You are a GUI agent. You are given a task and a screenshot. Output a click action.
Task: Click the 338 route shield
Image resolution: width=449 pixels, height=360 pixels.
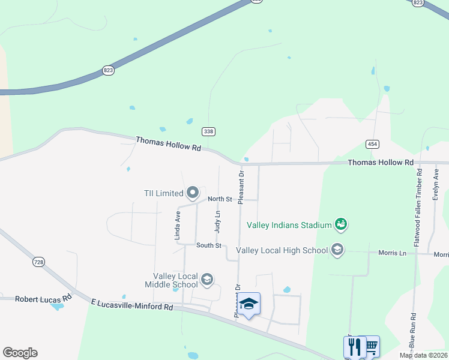(x=208, y=131)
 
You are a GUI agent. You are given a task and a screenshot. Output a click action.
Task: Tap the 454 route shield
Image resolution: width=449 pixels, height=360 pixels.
(x=372, y=144)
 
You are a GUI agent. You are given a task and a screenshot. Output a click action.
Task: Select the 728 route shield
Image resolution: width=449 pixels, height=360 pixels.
(x=39, y=262)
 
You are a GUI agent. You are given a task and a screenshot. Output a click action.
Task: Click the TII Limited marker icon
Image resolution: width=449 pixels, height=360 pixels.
(x=193, y=193)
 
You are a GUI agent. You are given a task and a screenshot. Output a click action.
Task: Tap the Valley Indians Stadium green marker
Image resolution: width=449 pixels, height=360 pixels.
(x=341, y=224)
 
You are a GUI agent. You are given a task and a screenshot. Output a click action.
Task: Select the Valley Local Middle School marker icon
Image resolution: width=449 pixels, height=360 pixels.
(x=207, y=279)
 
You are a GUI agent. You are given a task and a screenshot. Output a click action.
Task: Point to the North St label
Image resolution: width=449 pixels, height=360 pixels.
(x=219, y=199)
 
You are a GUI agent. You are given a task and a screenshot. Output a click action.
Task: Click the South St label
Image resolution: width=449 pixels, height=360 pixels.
(x=209, y=245)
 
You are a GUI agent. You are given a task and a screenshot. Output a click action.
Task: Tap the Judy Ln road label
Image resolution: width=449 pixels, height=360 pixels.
(x=217, y=221)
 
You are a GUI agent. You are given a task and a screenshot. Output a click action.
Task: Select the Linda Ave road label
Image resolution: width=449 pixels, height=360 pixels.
(x=178, y=225)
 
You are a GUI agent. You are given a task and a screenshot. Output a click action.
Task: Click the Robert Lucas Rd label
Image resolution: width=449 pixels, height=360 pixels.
(x=43, y=298)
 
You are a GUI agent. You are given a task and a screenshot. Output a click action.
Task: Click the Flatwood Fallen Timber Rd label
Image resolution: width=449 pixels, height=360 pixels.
(x=418, y=207)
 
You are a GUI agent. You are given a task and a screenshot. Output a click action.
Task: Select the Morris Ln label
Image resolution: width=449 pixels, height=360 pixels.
(x=393, y=253)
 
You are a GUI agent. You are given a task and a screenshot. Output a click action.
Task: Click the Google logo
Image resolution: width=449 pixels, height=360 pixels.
(x=20, y=353)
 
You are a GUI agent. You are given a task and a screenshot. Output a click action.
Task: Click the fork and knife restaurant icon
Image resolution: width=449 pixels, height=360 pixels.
(x=354, y=346)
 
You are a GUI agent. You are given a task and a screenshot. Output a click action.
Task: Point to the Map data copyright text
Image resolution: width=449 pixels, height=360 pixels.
(x=423, y=356)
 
